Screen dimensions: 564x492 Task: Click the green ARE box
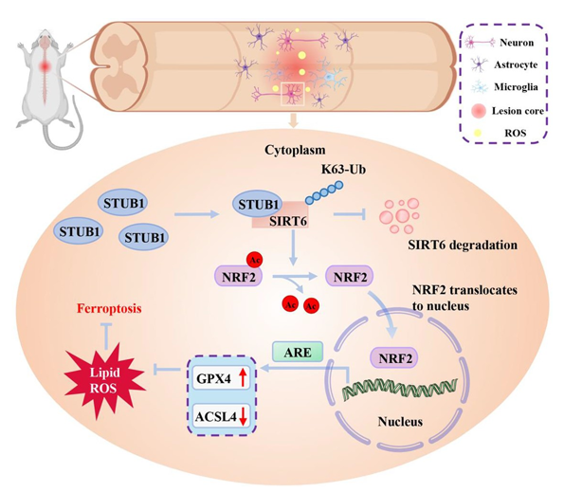click(x=298, y=352)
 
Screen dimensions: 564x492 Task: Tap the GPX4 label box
click(x=221, y=378)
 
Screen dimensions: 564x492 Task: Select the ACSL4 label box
click(x=221, y=416)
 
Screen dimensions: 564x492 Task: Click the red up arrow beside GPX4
click(x=243, y=377)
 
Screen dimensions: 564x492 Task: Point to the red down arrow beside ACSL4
click(x=243, y=416)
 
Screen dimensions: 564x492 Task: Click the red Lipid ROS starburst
click(x=104, y=381)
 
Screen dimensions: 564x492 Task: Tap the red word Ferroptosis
click(x=109, y=309)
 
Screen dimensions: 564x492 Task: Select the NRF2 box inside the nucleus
click(x=393, y=357)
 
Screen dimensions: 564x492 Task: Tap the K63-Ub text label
click(x=343, y=169)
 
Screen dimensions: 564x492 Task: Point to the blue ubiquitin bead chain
click(x=324, y=192)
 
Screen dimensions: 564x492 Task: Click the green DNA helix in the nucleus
click(x=399, y=389)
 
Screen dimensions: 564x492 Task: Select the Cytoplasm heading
click(x=295, y=150)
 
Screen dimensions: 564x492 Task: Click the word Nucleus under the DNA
click(x=400, y=422)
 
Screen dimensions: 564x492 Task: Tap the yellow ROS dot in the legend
click(x=478, y=133)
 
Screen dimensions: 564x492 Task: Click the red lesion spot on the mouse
click(x=45, y=66)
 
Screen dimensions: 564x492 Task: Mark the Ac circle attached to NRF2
click(x=254, y=260)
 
